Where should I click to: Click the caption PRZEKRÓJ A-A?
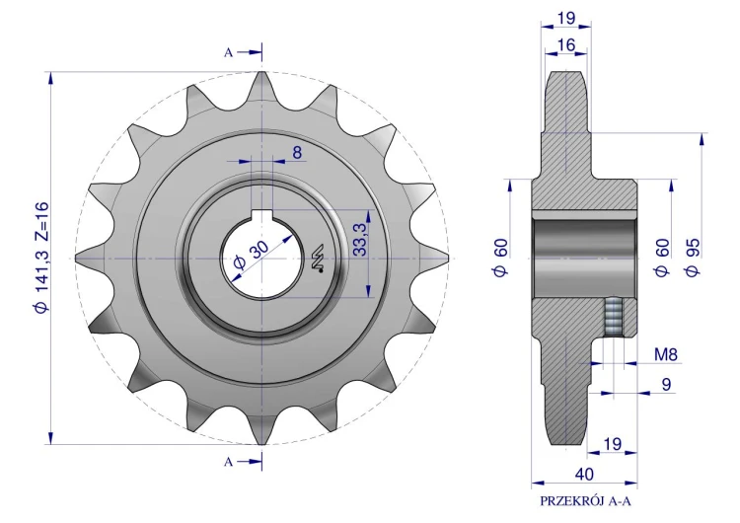585,501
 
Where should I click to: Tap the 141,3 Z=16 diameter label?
41,258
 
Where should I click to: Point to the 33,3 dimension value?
360,240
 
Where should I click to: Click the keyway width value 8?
297,153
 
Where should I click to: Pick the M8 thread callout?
666,354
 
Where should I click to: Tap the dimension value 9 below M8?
666,384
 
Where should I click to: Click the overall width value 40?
584,474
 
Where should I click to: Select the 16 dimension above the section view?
566,44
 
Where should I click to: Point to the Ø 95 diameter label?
693,258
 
